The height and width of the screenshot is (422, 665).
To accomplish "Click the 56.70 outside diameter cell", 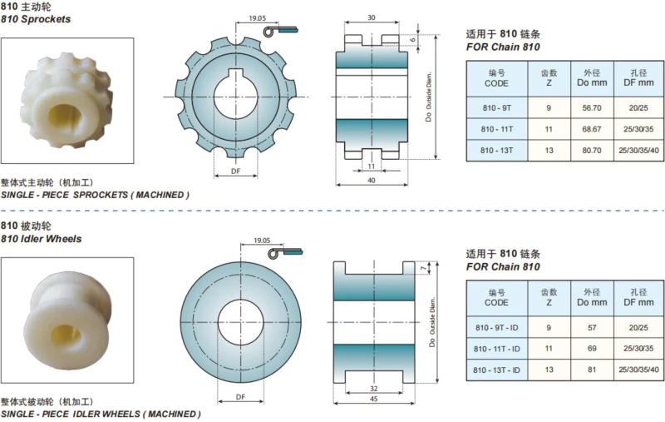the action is (592, 108).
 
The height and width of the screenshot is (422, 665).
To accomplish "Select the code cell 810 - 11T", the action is (496, 129).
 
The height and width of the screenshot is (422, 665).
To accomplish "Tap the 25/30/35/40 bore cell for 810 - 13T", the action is (638, 151).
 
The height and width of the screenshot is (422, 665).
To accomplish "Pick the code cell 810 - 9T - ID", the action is (497, 328).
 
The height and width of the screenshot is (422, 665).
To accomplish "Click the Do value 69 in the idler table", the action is (592, 349).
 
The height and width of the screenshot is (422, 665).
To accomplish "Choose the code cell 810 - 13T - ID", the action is (496, 370).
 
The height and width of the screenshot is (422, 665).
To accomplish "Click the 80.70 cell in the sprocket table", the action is (592, 151).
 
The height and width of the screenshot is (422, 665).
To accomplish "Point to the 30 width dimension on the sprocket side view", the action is (372, 17).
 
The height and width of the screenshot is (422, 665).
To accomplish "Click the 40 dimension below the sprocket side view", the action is (372, 181).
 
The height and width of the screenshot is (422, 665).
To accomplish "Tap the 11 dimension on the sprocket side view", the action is (372, 166).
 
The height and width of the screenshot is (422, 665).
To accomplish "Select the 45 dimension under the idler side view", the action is (373, 399).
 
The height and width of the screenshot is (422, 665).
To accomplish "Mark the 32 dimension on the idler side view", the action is (373, 389).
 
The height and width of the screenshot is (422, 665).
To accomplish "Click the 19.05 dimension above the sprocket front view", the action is (258, 18).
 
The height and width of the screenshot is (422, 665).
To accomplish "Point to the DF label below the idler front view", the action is (240, 397).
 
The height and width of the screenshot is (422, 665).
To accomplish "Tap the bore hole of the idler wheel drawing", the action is (240, 322).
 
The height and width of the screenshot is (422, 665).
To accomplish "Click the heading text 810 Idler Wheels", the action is (41, 239).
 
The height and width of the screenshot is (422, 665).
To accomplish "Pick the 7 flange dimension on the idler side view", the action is (423, 268).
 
